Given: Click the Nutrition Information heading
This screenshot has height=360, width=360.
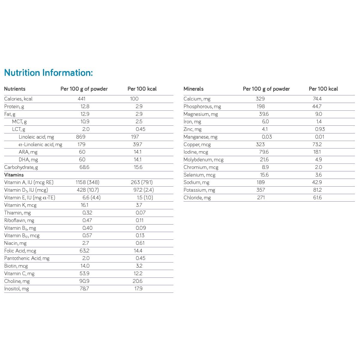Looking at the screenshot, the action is pyautogui.click(x=48, y=73).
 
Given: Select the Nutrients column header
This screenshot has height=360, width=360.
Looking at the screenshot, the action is pyautogui.click(x=15, y=89).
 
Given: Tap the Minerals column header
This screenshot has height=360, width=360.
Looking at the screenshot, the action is pyautogui.click(x=193, y=89).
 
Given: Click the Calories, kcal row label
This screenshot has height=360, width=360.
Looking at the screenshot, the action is pyautogui.click(x=18, y=99).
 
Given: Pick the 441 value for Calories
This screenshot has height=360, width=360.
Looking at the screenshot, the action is pyautogui.click(x=81, y=99).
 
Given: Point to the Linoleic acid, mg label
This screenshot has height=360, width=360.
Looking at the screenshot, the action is pyautogui.click(x=36, y=137).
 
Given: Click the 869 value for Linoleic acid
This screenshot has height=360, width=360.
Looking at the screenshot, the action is pyautogui.click(x=81, y=137).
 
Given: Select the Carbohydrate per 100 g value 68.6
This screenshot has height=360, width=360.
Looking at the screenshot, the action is pyautogui.click(x=84, y=167).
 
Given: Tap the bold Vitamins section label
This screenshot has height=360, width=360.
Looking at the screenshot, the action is pyautogui.click(x=14, y=175).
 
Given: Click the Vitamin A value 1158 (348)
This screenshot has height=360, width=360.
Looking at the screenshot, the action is pyautogui.click(x=88, y=182).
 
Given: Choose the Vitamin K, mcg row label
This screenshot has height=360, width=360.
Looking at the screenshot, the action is pyautogui.click(x=20, y=205).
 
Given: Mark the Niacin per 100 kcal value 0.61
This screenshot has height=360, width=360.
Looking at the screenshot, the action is pyautogui.click(x=140, y=243).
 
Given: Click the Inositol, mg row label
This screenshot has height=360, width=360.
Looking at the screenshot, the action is pyautogui.click(x=16, y=289).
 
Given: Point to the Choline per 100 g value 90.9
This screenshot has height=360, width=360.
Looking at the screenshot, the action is pyautogui.click(x=84, y=281).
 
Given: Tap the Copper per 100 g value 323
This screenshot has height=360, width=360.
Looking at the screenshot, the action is pyautogui.click(x=260, y=144).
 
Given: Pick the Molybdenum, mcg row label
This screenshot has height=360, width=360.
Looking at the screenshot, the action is pyautogui.click(x=203, y=160).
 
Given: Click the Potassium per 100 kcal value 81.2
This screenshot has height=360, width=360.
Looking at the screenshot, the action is pyautogui.click(x=317, y=190).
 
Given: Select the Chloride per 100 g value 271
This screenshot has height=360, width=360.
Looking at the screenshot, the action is pyautogui.click(x=261, y=197).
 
